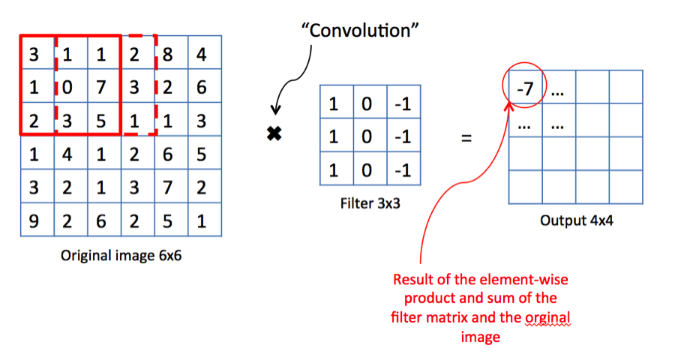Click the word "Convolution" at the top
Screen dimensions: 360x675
tap(359, 31)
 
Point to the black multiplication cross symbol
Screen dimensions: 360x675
tap(274, 135)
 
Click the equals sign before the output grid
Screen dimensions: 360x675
tap(466, 138)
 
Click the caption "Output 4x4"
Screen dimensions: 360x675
tap(574, 221)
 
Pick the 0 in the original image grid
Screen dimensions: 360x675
tap(67, 87)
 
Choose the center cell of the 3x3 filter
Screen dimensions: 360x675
tap(367, 137)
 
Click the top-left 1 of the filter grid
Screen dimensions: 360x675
tap(334, 103)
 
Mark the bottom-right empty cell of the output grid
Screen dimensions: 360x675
tap(625, 187)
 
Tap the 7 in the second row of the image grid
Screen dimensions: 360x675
tap(100, 87)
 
